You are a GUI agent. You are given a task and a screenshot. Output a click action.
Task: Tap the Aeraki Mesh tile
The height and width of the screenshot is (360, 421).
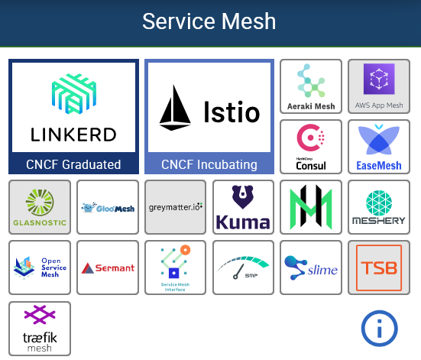pyautogui.click(x=311, y=86)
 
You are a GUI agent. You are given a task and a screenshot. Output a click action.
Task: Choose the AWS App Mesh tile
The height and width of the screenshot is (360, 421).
pyautogui.click(x=379, y=86)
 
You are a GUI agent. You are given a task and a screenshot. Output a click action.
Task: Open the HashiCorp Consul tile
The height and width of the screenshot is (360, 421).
pyautogui.click(x=311, y=146)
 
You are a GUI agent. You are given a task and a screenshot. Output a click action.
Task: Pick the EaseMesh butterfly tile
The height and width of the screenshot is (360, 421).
pyautogui.click(x=379, y=146)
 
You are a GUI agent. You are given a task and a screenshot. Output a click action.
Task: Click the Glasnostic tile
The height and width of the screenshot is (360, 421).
pyautogui.click(x=40, y=206)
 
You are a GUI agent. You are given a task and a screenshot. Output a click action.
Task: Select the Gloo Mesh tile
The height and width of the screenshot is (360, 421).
pyautogui.click(x=108, y=206)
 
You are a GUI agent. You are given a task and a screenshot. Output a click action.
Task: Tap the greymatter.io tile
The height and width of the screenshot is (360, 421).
pyautogui.click(x=176, y=206)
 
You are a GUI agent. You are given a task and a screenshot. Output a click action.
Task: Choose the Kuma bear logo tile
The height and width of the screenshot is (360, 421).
pyautogui.click(x=243, y=206)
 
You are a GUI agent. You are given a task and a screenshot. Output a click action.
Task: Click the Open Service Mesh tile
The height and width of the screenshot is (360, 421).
pyautogui.click(x=40, y=267)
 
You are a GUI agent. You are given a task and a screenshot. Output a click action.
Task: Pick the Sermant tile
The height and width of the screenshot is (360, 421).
pyautogui.click(x=108, y=267)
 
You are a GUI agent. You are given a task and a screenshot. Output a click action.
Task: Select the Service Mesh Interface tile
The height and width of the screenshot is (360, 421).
pyautogui.click(x=176, y=267)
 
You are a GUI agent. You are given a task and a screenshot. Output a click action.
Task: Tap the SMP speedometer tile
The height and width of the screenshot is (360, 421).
pyautogui.click(x=243, y=267)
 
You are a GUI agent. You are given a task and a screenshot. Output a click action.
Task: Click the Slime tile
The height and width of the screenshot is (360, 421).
pyautogui.click(x=311, y=267)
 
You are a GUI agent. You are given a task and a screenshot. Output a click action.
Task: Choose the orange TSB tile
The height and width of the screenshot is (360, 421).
pyautogui.click(x=379, y=267)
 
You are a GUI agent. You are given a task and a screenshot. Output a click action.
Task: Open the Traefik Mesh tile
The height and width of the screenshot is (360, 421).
pyautogui.click(x=40, y=328)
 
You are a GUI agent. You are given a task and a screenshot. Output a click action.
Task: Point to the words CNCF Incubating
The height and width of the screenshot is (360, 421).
pyautogui.click(x=209, y=164)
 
